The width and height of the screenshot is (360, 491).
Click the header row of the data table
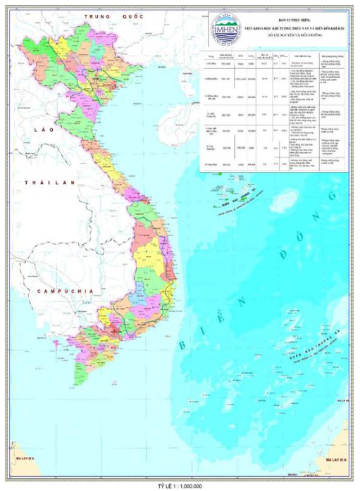coord(275,54)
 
